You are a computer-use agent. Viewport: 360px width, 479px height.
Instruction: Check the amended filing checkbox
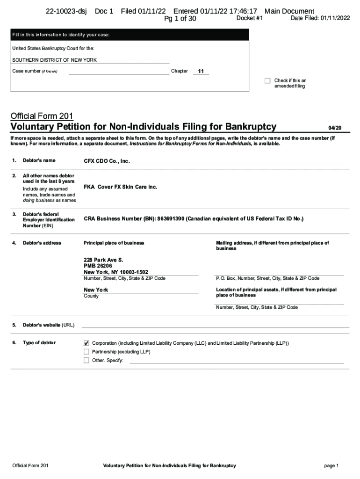(x=267, y=80)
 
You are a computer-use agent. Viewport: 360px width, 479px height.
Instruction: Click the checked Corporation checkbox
(x=86, y=343)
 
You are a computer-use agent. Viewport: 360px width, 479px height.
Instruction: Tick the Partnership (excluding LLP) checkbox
(x=86, y=351)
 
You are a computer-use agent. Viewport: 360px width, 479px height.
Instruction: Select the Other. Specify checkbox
(x=86, y=360)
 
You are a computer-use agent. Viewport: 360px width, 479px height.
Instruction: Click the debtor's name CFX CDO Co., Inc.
(x=107, y=161)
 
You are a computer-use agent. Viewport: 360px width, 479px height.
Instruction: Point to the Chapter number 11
(x=201, y=71)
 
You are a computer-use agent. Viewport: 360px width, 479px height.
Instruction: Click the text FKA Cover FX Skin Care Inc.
(x=120, y=187)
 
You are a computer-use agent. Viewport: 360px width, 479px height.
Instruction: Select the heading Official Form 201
(x=42, y=116)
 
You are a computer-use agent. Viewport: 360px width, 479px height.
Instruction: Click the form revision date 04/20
(x=335, y=128)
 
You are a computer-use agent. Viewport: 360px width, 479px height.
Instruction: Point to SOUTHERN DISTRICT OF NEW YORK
(x=55, y=60)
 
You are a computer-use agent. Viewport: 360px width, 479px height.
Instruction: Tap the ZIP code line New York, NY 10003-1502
(x=115, y=272)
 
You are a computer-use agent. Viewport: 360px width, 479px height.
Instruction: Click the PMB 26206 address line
(x=98, y=266)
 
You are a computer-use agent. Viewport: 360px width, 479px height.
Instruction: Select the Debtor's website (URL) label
(x=48, y=325)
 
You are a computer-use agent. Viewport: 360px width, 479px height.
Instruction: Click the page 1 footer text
(x=331, y=465)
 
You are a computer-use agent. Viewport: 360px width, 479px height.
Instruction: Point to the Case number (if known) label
(x=35, y=71)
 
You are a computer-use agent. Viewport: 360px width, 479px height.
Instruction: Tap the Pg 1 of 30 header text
(x=180, y=19)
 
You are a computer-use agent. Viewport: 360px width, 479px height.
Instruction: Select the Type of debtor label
(x=39, y=343)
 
